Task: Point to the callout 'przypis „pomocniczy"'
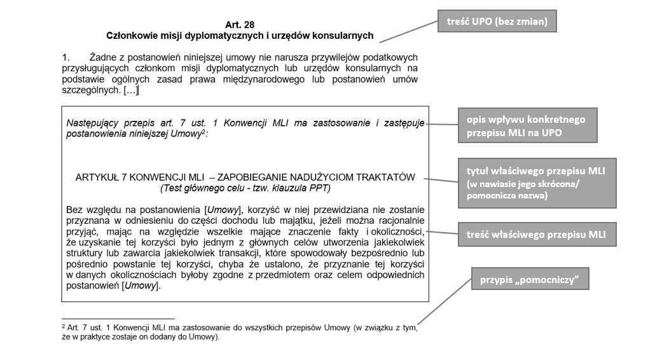click(x=529, y=278)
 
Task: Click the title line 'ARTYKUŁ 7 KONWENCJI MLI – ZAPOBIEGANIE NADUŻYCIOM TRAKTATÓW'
click(x=245, y=177)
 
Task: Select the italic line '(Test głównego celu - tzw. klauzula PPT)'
click(x=245, y=188)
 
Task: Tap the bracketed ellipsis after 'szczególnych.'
click(x=131, y=91)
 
